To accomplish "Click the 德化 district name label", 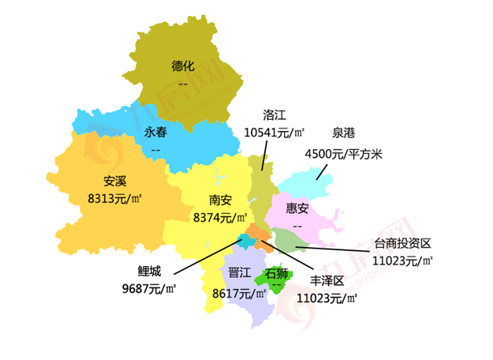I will [183, 66].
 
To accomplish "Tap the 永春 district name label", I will [155, 132].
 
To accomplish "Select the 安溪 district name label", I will [115, 181].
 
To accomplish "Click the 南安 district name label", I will [220, 200].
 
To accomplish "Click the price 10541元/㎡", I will [275, 133].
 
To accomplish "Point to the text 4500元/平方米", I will [343, 153].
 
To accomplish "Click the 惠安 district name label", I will [297, 208].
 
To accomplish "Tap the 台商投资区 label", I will [403, 242].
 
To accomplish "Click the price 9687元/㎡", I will [148, 289].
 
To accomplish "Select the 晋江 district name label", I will [239, 274].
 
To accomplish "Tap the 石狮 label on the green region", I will [276, 274].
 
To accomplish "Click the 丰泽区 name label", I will [327, 281].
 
